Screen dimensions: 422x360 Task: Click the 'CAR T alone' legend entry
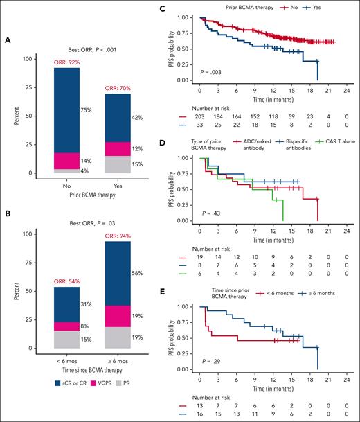tap(339, 142)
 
